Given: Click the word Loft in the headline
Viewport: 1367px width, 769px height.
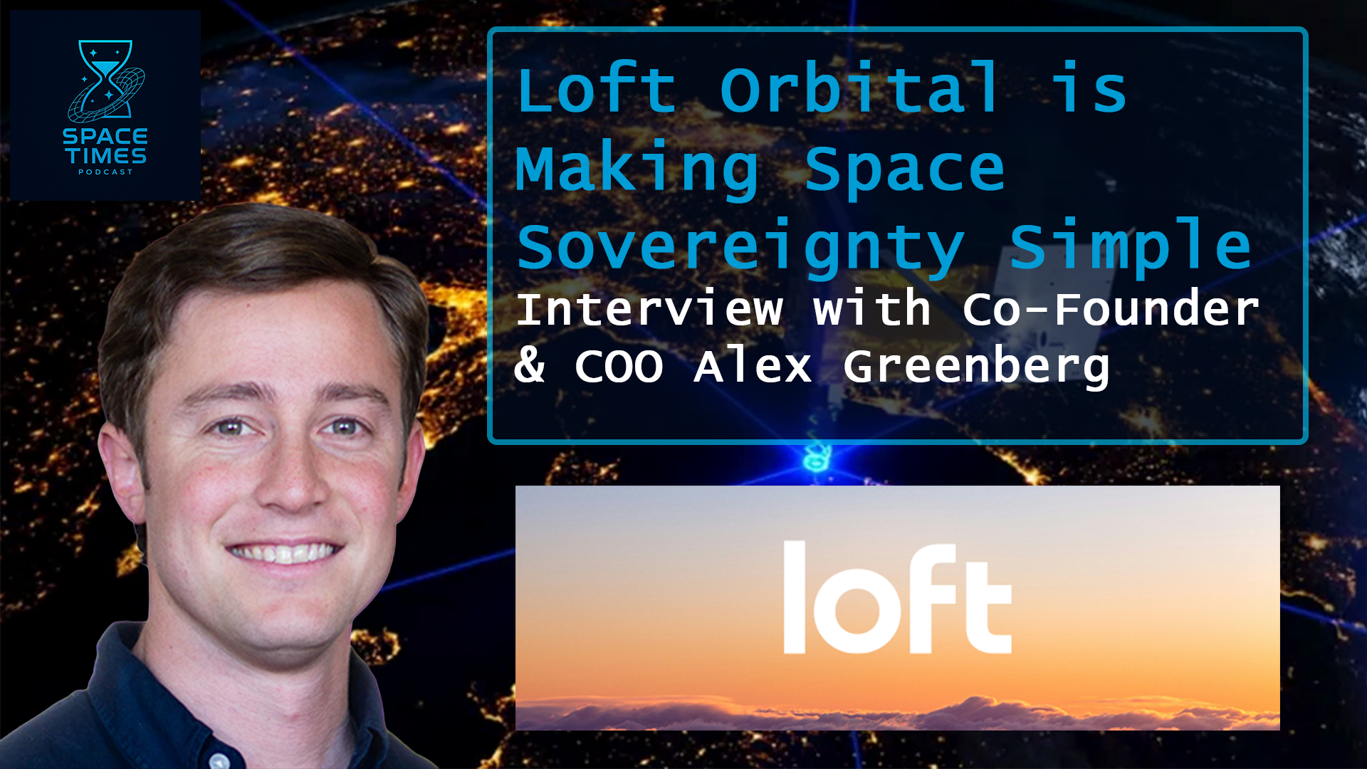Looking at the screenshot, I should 597,90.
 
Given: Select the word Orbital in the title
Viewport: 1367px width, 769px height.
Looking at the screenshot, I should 860,90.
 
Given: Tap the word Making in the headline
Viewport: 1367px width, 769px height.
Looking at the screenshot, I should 637,169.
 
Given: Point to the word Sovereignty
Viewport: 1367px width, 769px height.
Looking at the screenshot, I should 740,248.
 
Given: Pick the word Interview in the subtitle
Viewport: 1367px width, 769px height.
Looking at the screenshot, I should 649,310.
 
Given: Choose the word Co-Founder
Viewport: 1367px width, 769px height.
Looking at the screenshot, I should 1111,310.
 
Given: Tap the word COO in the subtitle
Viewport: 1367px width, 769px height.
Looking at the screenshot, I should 619,367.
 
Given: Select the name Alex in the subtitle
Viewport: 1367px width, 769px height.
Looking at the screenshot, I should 753,367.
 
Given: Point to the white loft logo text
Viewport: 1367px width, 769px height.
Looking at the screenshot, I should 897,598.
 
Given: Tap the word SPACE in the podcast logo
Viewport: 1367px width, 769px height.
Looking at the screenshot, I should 105,136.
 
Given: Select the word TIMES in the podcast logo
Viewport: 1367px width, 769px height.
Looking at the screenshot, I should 105,155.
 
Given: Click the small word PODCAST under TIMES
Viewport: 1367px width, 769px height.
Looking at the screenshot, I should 105,172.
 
